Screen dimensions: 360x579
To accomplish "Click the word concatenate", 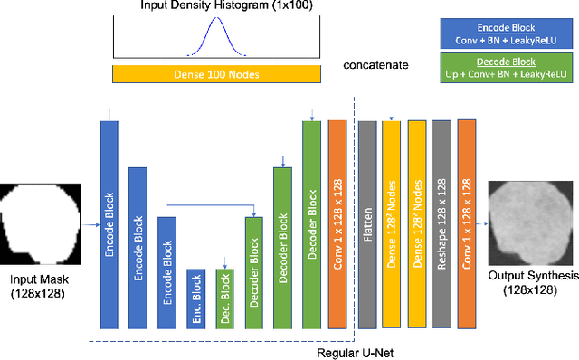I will (375, 66).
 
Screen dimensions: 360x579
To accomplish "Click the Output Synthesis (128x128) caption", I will (528, 282).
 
